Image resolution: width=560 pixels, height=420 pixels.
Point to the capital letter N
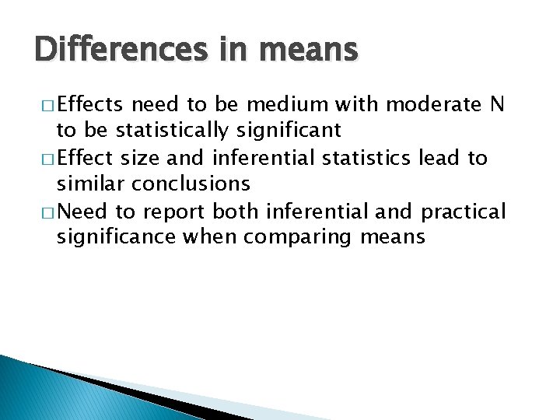[498, 105]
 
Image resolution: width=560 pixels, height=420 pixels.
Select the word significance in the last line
[116, 236]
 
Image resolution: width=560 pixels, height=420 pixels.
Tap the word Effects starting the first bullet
[91, 105]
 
